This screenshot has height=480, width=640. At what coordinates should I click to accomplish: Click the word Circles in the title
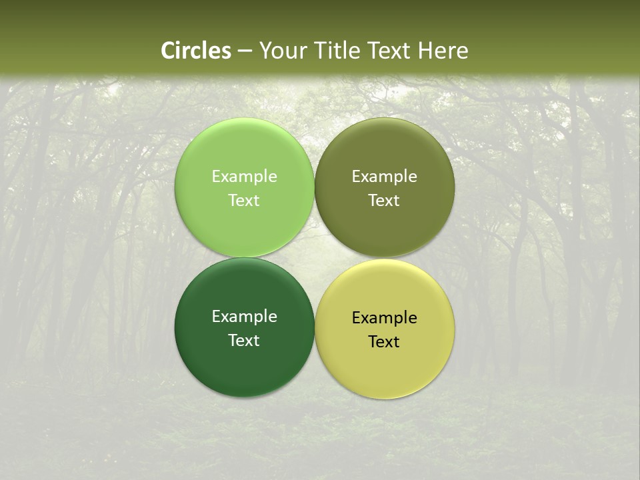[196, 51]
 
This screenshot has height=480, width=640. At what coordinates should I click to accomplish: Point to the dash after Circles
[245, 51]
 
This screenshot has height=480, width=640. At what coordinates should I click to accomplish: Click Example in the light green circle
[244, 177]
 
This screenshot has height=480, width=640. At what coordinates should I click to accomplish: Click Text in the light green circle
[244, 201]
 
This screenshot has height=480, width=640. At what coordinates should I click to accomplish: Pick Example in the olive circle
[384, 177]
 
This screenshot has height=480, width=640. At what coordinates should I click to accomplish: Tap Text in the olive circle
[384, 201]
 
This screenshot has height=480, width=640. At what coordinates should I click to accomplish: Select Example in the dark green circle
[244, 317]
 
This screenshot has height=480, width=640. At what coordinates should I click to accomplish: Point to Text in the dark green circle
[244, 341]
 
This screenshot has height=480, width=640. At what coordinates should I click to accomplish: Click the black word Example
[384, 318]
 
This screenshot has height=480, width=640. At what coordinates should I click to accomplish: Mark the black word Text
[384, 342]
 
